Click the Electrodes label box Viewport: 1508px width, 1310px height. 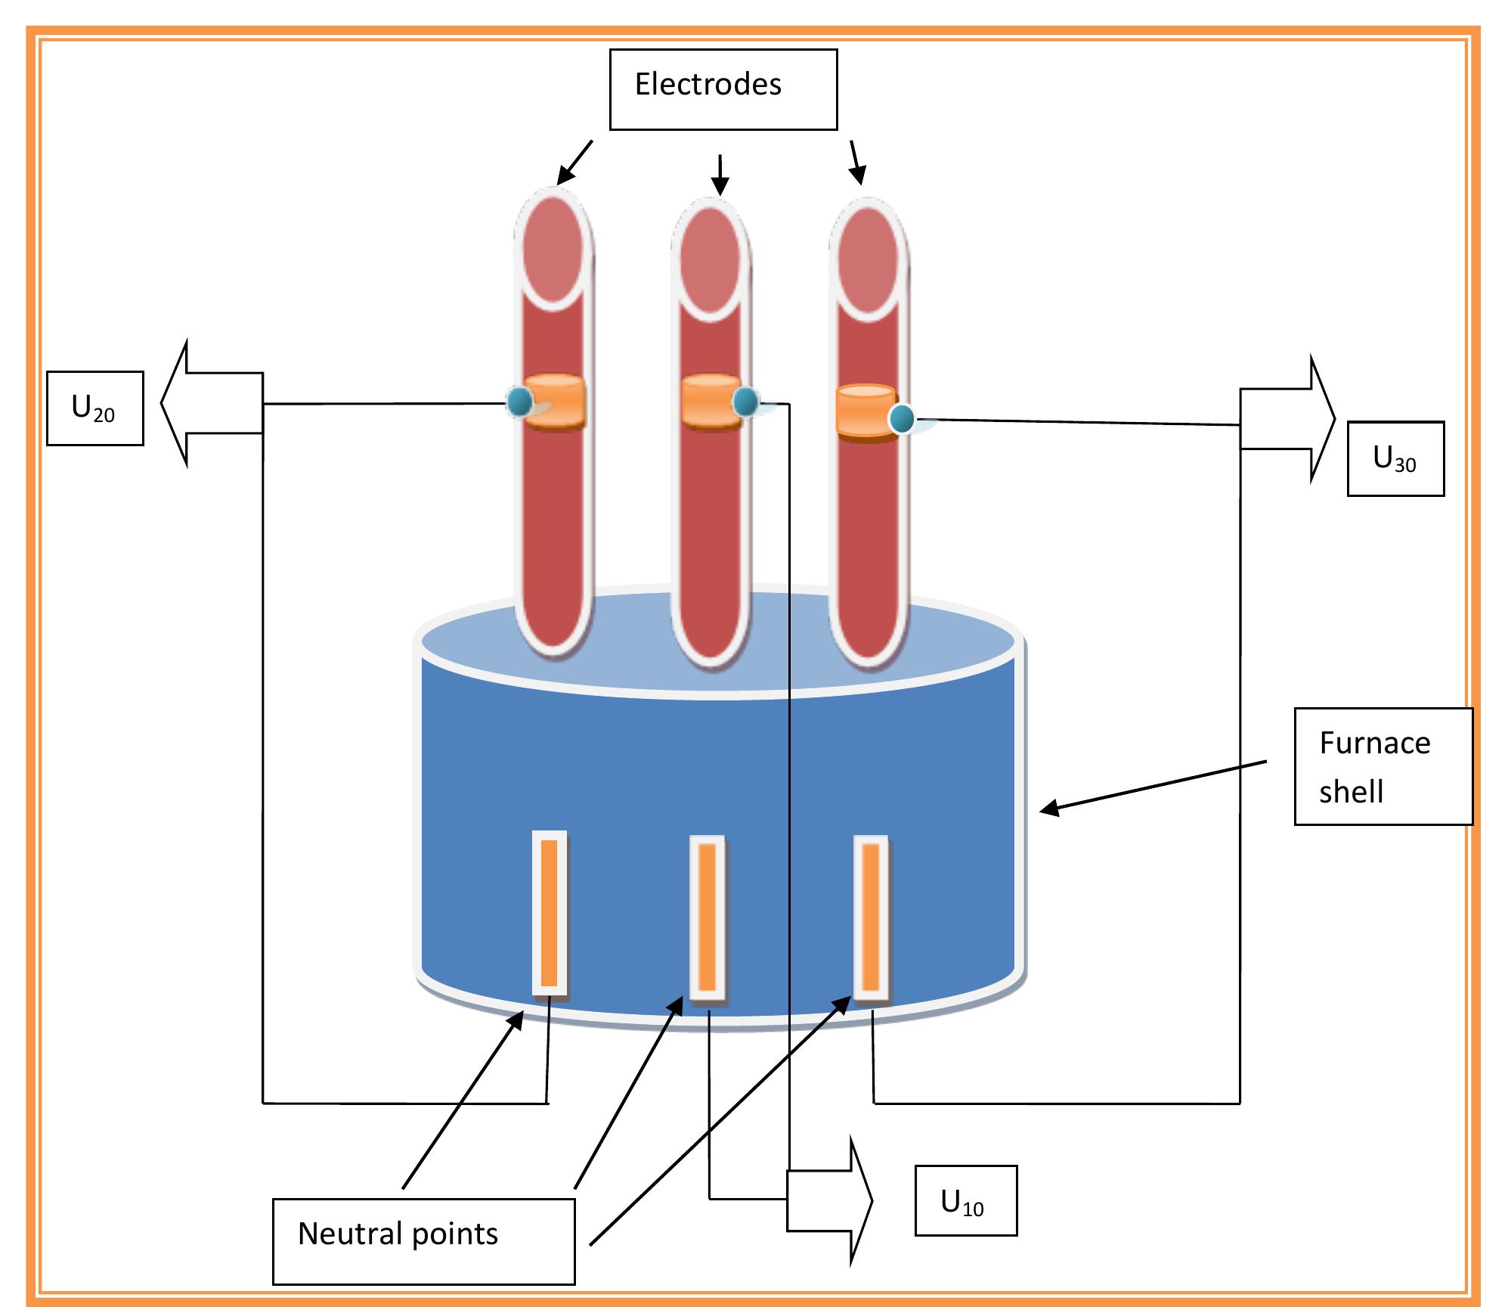point(723,89)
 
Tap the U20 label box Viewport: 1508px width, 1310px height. point(94,408)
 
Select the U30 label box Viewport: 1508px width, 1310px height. point(1395,458)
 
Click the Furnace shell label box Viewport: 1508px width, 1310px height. point(1383,766)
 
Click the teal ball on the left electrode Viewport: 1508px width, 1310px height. point(519,402)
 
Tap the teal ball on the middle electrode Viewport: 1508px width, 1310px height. point(745,401)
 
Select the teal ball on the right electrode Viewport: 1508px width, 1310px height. point(901,418)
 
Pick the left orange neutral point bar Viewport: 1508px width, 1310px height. point(549,913)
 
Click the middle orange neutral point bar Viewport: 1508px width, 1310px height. point(707,917)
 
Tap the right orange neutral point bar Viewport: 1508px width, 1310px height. point(870,917)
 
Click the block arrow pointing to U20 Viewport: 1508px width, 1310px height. point(212,402)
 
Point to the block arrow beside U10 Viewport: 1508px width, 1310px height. point(828,1200)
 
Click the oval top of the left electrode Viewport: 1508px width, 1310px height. point(554,248)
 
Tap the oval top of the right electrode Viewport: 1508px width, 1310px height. point(868,257)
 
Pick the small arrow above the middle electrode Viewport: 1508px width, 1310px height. point(720,176)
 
